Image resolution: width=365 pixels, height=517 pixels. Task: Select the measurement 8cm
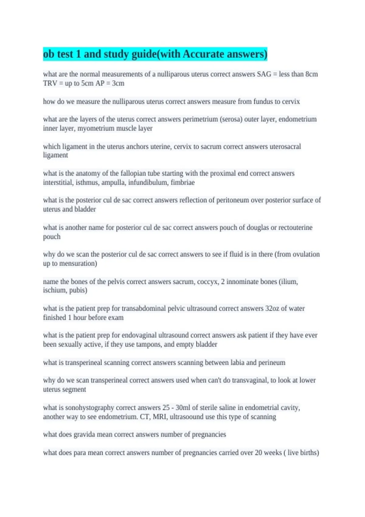click(311, 74)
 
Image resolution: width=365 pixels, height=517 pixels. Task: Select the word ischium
click(55, 290)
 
